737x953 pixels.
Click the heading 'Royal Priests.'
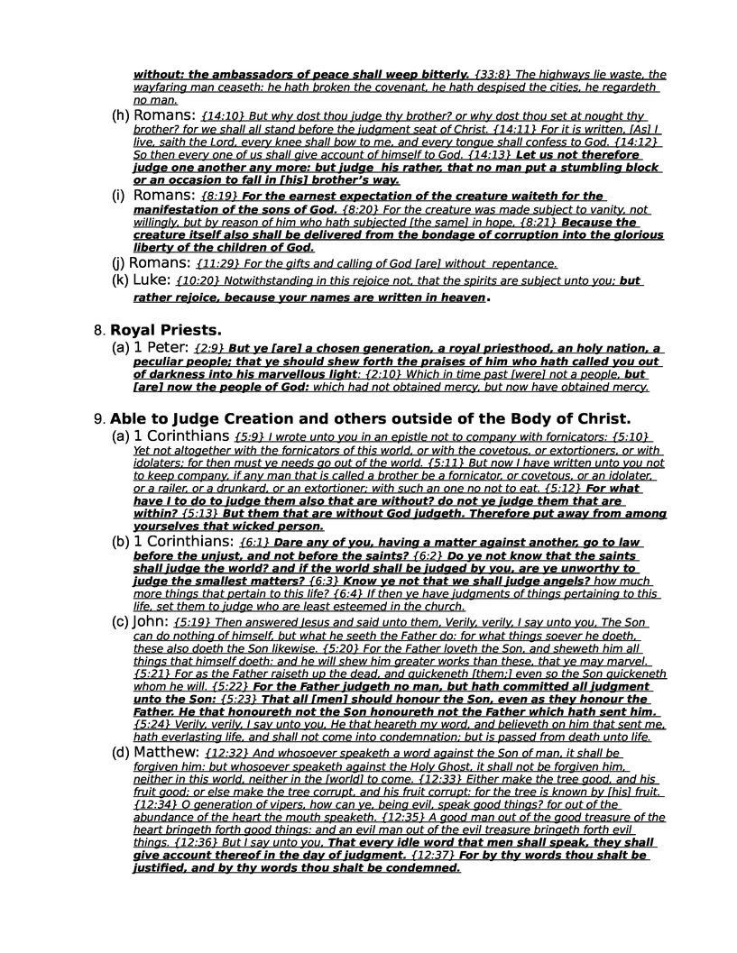[166, 330]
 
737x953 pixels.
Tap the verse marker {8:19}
[220, 197]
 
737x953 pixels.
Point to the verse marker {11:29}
[216, 263]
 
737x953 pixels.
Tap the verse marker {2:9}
[209, 348]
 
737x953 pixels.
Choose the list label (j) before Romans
[118, 263]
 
